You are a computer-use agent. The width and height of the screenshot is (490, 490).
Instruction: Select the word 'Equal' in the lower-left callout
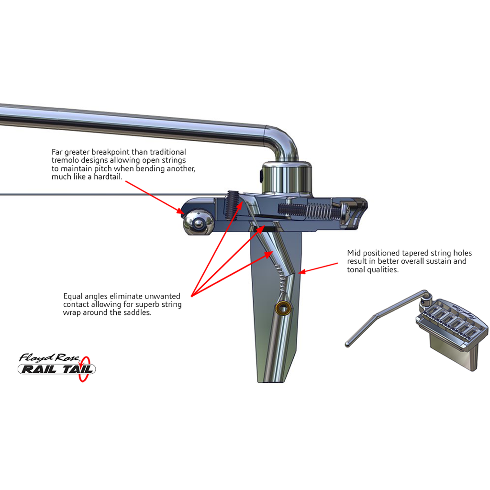(x=73, y=296)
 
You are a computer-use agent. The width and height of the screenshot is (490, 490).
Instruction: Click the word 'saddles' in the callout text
(x=136, y=312)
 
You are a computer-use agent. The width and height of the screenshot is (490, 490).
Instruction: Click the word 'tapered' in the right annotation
(x=421, y=253)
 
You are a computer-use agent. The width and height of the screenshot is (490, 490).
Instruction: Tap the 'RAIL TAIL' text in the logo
(x=56, y=369)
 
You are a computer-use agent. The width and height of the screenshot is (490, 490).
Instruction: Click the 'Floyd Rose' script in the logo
(x=50, y=357)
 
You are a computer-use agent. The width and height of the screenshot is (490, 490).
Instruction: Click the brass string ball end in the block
(x=284, y=308)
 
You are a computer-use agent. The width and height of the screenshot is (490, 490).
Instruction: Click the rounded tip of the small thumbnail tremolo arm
(x=348, y=344)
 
